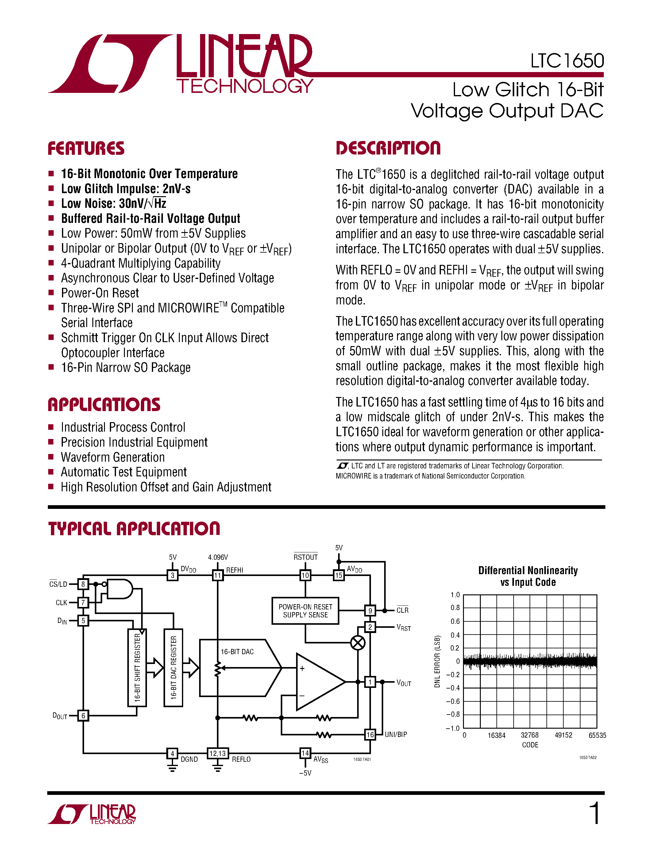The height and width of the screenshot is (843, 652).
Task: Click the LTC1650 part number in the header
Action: (567, 61)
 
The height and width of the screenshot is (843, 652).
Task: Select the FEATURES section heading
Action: (86, 148)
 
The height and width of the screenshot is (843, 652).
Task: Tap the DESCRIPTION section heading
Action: (388, 148)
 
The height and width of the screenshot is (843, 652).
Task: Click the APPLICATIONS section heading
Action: (104, 405)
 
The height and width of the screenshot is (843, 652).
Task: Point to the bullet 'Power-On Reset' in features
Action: (100, 293)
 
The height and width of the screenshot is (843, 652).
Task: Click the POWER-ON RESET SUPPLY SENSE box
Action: (305, 611)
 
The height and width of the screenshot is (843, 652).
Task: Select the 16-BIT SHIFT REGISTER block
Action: (137, 667)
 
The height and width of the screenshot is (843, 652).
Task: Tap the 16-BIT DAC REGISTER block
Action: (173, 667)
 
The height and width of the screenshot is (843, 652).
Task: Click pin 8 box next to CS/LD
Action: (83, 584)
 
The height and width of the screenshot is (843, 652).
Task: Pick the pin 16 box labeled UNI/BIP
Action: (370, 734)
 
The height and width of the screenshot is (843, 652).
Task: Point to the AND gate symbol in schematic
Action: (119, 589)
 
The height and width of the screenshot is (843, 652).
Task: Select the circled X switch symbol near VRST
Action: (358, 643)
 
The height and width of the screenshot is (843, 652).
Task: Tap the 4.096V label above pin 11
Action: (218, 557)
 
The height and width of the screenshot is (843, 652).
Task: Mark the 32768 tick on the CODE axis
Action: (530, 735)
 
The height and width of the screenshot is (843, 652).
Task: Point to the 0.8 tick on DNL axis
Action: (455, 608)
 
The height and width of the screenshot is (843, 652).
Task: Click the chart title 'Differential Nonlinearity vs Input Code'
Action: (528, 576)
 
